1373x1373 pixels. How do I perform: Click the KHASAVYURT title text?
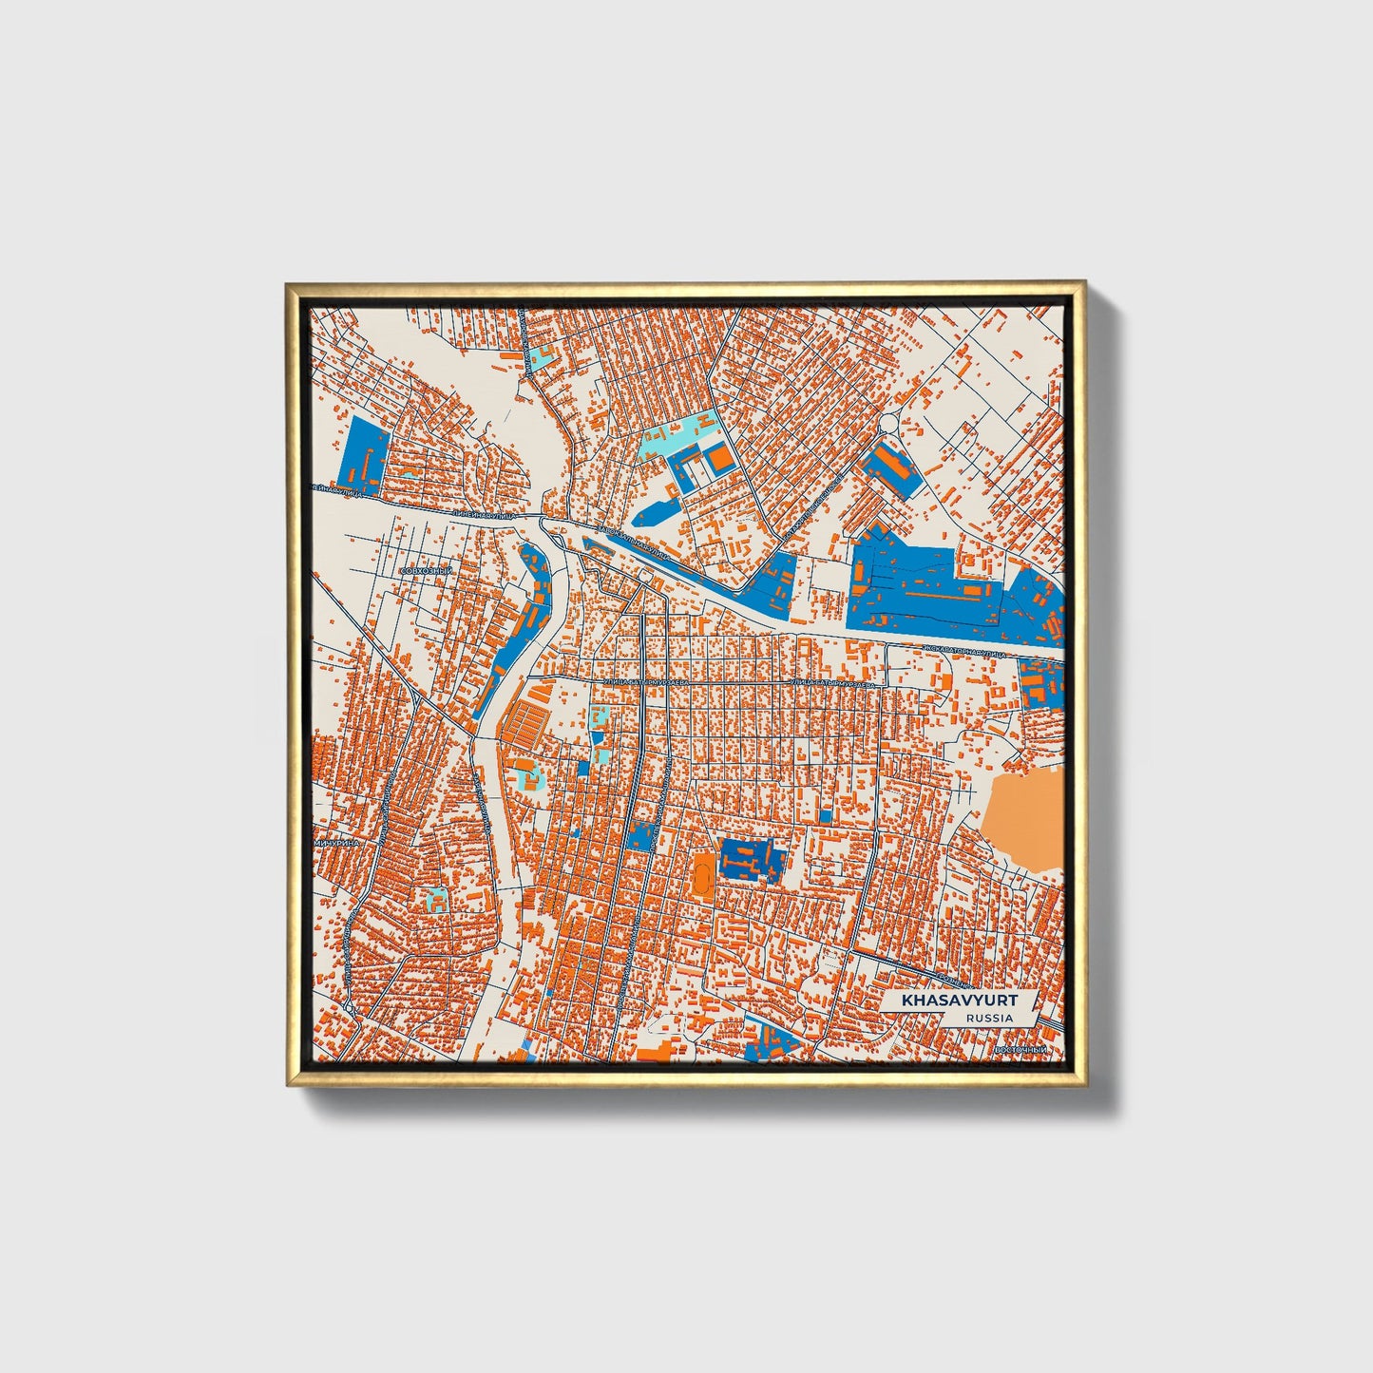tap(959, 1001)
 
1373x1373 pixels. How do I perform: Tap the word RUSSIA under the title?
tap(989, 1018)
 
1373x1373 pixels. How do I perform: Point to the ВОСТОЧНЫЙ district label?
tap(1019, 1049)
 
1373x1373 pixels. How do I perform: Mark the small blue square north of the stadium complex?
tap(825, 815)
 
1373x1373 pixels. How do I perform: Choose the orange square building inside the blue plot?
tap(721, 460)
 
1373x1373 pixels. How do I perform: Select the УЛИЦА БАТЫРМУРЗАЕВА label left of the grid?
tap(638, 682)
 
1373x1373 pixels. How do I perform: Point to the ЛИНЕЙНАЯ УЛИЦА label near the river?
tap(485, 514)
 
